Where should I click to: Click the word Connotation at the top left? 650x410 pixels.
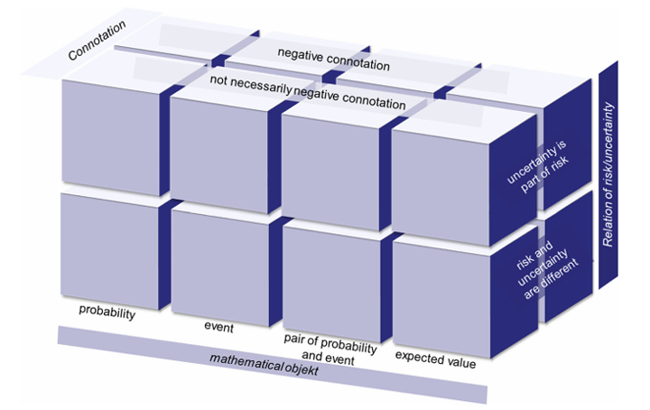(x=97, y=41)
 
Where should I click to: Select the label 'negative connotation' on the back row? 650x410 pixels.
(x=334, y=60)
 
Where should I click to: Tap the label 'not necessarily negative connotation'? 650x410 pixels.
(x=308, y=92)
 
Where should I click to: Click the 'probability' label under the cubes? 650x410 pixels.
(x=107, y=312)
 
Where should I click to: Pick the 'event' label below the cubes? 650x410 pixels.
(x=218, y=327)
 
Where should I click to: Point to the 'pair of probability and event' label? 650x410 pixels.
(x=330, y=349)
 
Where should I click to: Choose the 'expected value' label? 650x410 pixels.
(x=435, y=359)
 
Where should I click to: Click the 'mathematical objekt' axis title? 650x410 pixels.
(x=264, y=365)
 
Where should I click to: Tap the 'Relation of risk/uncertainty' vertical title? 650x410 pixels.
(x=608, y=174)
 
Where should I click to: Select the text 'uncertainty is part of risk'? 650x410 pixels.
(x=538, y=167)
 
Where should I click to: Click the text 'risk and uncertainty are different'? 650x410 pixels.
(x=546, y=270)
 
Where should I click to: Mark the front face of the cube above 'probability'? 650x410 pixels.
(x=109, y=251)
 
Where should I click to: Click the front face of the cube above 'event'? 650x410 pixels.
(x=220, y=268)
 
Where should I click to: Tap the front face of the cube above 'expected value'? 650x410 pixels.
(x=441, y=300)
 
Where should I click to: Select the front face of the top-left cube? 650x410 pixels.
(x=111, y=137)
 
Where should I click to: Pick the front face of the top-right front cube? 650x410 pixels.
(x=441, y=187)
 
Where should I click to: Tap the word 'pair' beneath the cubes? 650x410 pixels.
(x=293, y=340)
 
